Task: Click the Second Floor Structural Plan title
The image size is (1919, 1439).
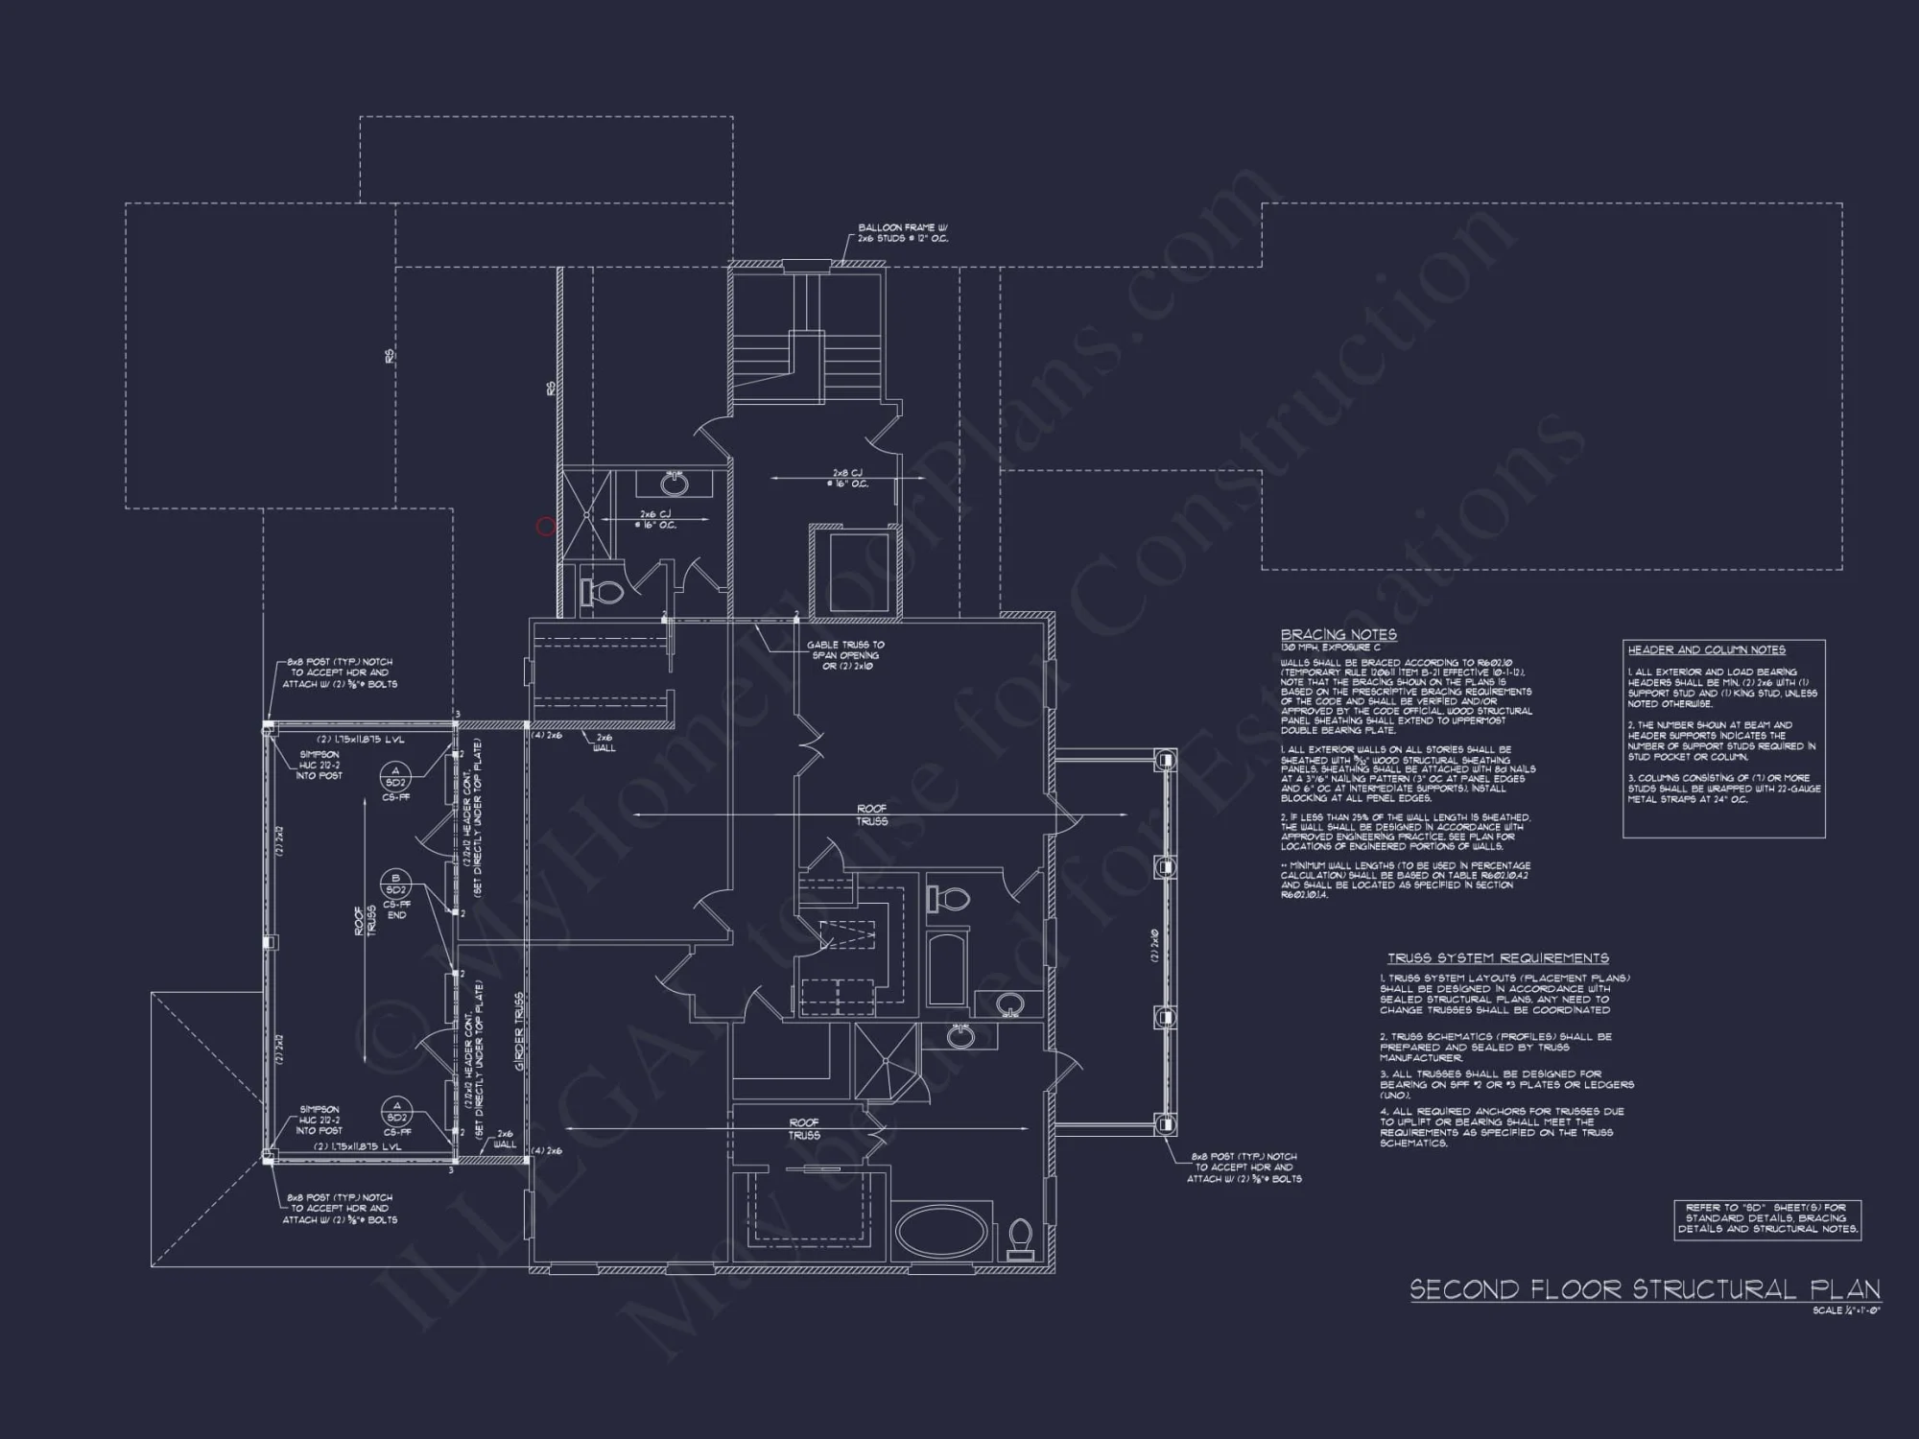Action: point(1645,1288)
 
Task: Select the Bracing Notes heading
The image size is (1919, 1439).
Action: point(1339,634)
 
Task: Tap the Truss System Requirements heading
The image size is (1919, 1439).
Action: point(1497,957)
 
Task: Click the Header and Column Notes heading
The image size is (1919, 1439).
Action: point(1706,649)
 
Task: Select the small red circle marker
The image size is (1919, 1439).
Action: point(545,526)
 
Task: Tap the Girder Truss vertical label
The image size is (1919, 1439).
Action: point(520,1031)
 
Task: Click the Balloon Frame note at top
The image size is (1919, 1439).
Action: point(902,233)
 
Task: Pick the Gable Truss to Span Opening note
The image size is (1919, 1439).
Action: point(845,655)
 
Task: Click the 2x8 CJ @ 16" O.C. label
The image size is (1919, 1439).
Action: point(849,478)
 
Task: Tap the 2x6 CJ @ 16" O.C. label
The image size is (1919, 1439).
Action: point(657,520)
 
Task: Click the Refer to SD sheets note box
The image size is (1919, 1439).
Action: point(1767,1218)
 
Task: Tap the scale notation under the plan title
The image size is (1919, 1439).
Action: point(1846,1310)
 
